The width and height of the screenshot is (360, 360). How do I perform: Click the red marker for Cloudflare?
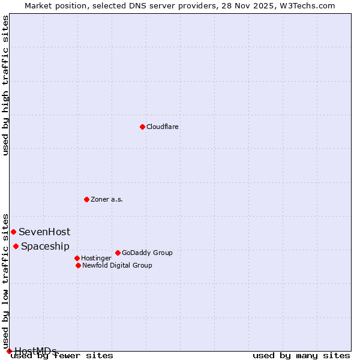click(x=142, y=127)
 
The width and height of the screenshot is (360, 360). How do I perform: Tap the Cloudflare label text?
click(x=162, y=127)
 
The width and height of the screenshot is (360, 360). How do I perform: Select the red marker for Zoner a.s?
click(x=86, y=199)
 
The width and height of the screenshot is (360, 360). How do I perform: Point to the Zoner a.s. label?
click(x=107, y=200)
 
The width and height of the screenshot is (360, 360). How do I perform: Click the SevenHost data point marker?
click(x=13, y=232)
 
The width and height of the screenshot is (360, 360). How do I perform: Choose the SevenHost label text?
click(x=44, y=232)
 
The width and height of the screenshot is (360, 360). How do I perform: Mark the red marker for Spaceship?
click(x=16, y=246)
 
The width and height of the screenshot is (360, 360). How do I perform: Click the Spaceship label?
click(x=45, y=247)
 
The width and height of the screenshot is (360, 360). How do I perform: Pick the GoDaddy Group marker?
click(x=118, y=253)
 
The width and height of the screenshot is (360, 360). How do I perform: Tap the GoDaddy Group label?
click(x=147, y=253)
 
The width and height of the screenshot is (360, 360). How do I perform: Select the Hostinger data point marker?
click(x=77, y=258)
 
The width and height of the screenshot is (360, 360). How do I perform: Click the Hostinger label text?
click(x=96, y=259)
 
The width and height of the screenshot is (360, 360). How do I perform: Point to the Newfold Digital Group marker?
click(x=78, y=265)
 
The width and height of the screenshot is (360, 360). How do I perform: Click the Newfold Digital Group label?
click(x=117, y=266)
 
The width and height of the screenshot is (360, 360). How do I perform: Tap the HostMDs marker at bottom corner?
click(x=9, y=351)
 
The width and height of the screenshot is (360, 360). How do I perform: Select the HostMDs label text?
click(x=35, y=351)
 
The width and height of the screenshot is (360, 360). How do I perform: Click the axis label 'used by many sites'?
click(x=301, y=356)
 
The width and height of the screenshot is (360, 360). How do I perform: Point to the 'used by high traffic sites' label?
click(x=6, y=85)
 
